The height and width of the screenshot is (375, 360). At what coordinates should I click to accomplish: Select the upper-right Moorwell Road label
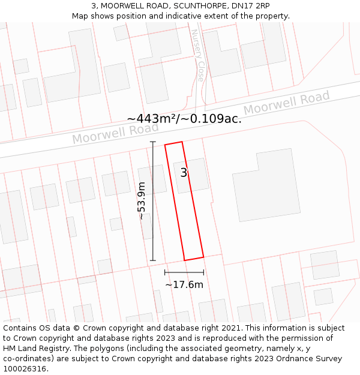[x=286, y=103]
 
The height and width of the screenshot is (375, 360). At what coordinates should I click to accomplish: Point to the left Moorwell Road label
[x=115, y=133]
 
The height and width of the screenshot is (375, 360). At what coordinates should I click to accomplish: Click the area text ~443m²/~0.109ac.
[x=184, y=118]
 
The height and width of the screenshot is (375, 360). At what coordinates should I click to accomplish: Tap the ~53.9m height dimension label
[x=142, y=200]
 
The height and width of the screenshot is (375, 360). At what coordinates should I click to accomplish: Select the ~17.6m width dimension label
[x=184, y=284]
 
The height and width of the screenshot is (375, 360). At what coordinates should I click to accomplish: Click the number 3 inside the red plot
[x=184, y=173]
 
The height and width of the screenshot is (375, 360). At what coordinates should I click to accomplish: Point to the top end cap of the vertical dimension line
[x=153, y=142]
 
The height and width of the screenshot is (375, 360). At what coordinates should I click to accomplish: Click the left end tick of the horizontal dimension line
[x=165, y=273]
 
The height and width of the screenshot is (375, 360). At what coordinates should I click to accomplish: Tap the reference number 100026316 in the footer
[x=25, y=369]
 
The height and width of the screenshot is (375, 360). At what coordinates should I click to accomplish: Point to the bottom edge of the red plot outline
[x=193, y=259]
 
